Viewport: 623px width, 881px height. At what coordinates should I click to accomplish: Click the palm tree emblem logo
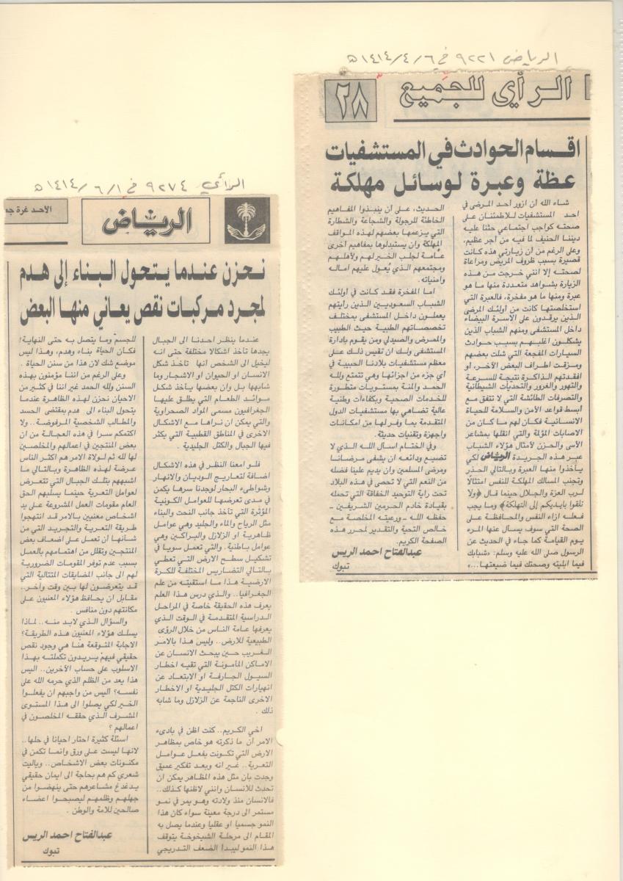pos(247,220)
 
